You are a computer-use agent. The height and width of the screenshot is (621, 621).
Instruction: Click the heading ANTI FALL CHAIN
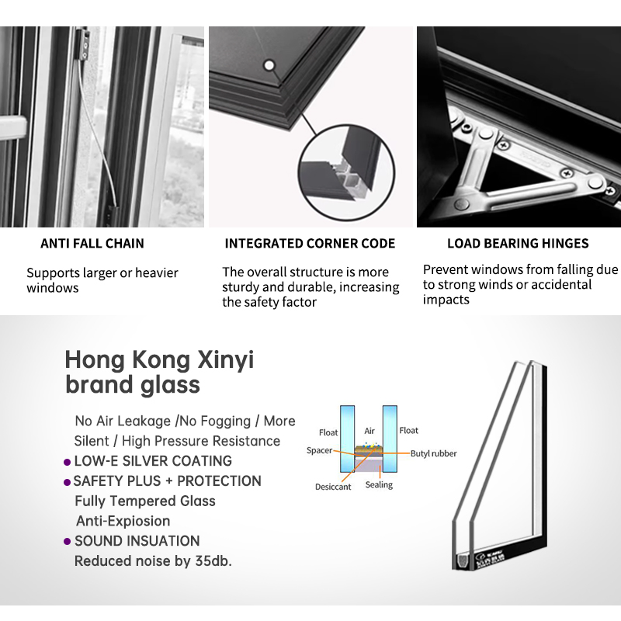click(x=92, y=244)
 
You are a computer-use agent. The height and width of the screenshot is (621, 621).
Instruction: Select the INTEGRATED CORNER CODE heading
click(x=310, y=244)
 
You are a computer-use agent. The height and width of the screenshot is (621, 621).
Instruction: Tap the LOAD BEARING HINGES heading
click(x=518, y=244)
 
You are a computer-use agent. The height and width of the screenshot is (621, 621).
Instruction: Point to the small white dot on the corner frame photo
click(x=269, y=65)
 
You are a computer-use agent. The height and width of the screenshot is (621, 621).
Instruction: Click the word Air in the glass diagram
click(x=369, y=431)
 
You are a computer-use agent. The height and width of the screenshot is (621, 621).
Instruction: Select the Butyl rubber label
click(x=433, y=453)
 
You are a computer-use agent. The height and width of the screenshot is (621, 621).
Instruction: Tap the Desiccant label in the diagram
click(x=333, y=487)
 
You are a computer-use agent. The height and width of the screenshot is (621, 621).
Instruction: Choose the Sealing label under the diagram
click(x=379, y=485)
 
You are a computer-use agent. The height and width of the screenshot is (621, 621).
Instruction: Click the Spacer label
click(x=319, y=450)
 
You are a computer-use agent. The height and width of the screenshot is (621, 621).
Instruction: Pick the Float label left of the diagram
click(x=328, y=432)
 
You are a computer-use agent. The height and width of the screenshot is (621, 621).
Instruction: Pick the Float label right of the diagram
click(x=408, y=430)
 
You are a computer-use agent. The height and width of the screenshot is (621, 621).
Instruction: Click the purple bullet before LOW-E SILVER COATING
click(x=68, y=462)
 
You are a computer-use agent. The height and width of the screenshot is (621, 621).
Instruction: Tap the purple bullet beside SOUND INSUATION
click(x=68, y=542)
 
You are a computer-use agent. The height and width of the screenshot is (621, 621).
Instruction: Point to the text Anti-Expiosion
click(x=123, y=521)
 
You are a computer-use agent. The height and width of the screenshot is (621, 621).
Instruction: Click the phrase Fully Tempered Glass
click(x=144, y=501)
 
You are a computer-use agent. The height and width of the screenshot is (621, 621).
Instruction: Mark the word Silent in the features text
click(x=92, y=441)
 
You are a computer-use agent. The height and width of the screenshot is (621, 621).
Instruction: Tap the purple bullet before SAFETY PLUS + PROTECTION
click(x=68, y=482)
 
